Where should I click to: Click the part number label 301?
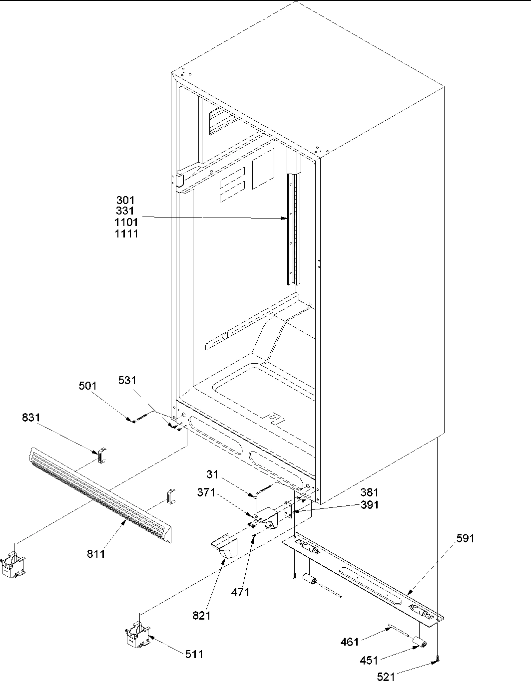pyautogui.click(x=126, y=201)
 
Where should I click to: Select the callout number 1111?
pyautogui.click(x=126, y=233)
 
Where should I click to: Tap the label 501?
pyautogui.click(x=88, y=386)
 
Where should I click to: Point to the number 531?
pyautogui.click(x=127, y=381)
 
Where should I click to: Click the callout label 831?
pyautogui.click(x=32, y=417)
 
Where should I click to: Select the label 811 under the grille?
pyautogui.click(x=96, y=553)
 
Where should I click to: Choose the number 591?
pyautogui.click(x=465, y=538)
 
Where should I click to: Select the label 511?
pyautogui.click(x=194, y=654)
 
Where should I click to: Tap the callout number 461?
pyautogui.click(x=350, y=642)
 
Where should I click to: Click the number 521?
pyautogui.click(x=386, y=677)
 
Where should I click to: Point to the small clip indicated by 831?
pyautogui.click(x=102, y=455)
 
